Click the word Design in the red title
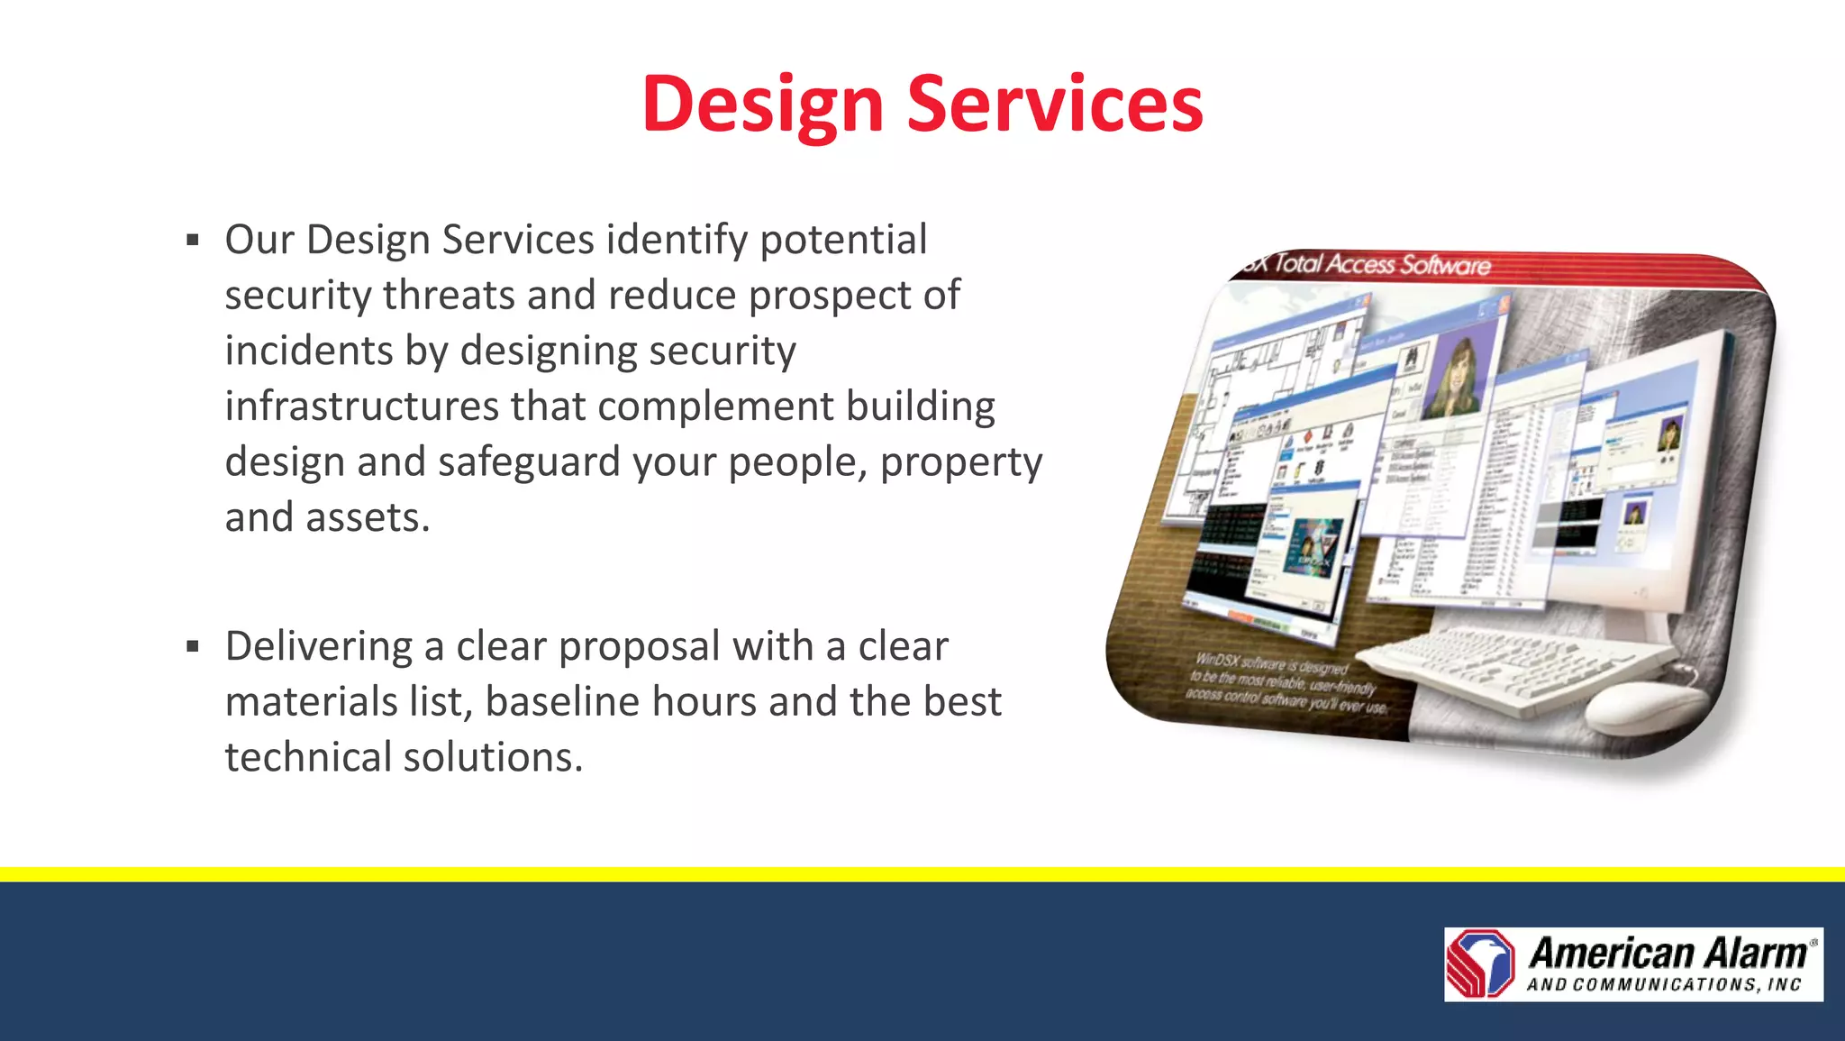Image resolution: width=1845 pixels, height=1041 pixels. click(x=762, y=105)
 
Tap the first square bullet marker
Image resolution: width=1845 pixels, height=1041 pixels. click(x=192, y=241)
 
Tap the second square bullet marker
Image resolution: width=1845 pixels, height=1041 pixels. click(x=192, y=646)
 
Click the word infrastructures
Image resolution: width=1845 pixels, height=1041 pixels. click(x=361, y=406)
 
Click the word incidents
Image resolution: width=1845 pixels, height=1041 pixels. click(x=308, y=352)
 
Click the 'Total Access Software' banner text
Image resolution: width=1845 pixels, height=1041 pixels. click(x=1382, y=264)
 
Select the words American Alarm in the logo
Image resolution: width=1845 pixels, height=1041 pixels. click(x=1668, y=953)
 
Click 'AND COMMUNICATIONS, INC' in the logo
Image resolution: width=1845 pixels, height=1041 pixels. click(x=1663, y=985)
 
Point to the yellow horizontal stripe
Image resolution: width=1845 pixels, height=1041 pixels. click(x=922, y=874)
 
